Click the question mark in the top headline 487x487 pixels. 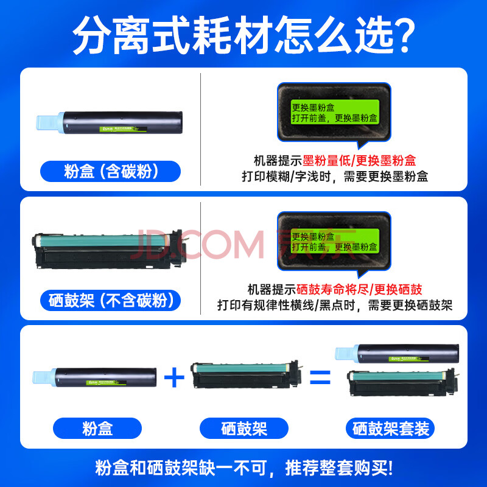click(403, 35)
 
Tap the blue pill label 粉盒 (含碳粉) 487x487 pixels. click(110, 171)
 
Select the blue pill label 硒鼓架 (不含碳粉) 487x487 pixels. click(110, 300)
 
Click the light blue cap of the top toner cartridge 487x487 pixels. click(50, 123)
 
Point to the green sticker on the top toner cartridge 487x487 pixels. click(123, 129)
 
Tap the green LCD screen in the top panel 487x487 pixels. click(334, 112)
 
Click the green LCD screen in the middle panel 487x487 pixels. click(334, 241)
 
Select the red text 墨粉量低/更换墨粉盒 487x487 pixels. click(359, 161)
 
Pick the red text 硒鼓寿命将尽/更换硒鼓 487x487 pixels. click(359, 290)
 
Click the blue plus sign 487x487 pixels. click(174, 377)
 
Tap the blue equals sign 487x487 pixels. click(320, 377)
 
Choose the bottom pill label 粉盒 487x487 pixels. click(97, 429)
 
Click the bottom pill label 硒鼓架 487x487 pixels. click(244, 429)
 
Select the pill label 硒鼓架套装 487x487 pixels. click(390, 429)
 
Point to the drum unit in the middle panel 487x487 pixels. click(108, 250)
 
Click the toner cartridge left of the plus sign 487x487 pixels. click(94, 377)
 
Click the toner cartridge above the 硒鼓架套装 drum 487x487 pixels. click(397, 354)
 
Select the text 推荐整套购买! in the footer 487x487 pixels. click(339, 468)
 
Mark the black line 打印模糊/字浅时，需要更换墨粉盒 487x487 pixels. click(335, 177)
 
